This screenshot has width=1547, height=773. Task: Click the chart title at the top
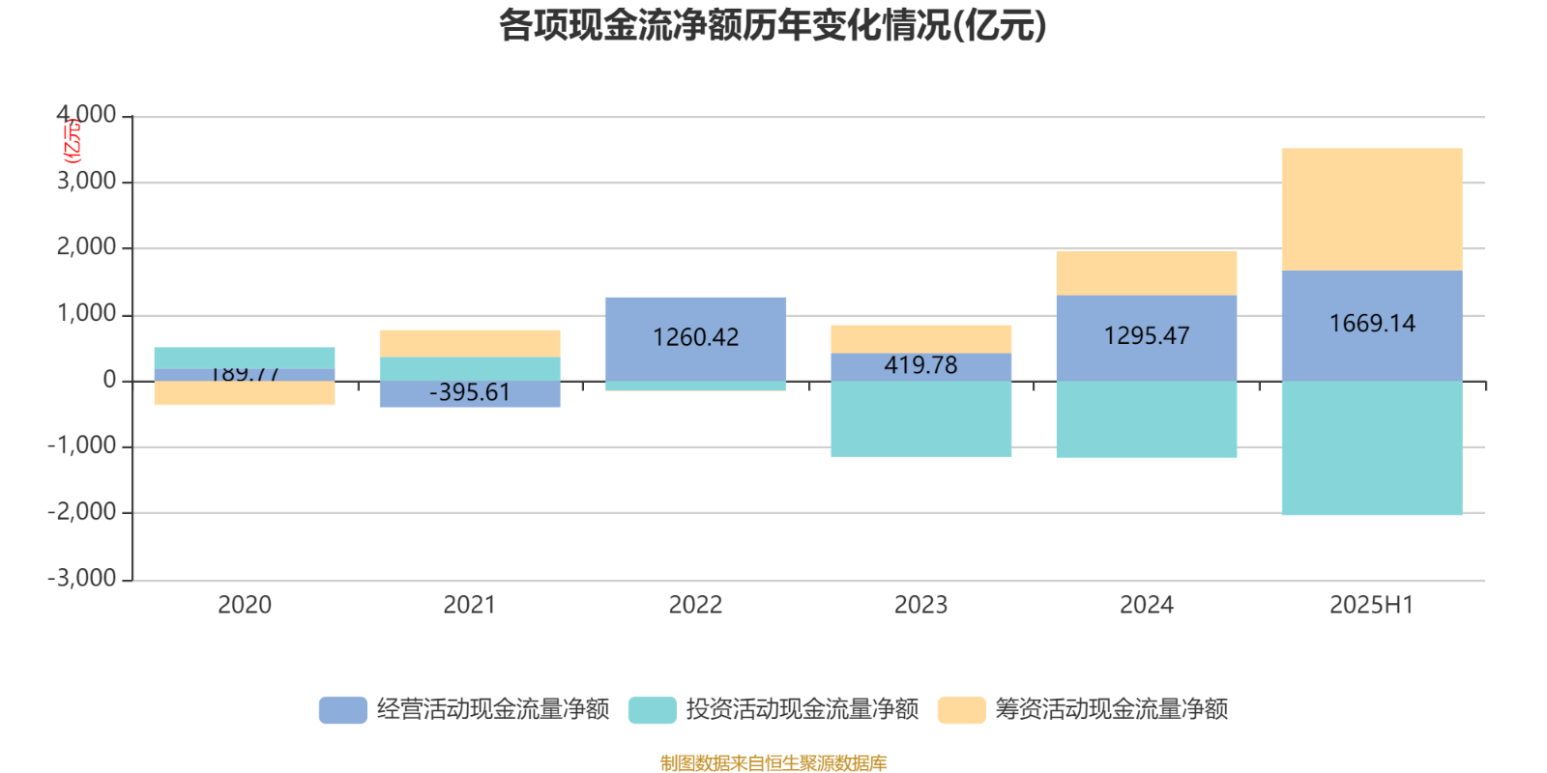click(773, 26)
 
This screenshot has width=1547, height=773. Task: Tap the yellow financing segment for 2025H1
click(1371, 209)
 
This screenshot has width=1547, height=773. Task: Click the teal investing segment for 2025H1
click(1371, 448)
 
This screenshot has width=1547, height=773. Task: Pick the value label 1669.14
click(1371, 324)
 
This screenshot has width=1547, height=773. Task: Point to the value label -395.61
click(470, 392)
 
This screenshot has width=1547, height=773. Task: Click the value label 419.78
click(920, 365)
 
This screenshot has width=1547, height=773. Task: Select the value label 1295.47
click(1147, 336)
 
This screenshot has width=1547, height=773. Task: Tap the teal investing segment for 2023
click(920, 418)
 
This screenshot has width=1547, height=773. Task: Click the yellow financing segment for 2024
click(1147, 272)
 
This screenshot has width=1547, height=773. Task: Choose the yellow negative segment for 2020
click(245, 393)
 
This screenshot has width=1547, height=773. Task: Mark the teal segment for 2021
click(470, 368)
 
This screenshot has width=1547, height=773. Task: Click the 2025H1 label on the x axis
click(1371, 605)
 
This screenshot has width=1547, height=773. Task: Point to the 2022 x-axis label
click(695, 605)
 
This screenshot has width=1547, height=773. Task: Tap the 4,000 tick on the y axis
click(86, 116)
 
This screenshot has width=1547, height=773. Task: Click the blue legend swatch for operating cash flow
click(342, 709)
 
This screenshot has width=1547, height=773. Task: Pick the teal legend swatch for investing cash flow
click(652, 709)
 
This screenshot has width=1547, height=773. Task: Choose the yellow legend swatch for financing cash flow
click(961, 709)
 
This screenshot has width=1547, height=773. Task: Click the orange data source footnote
click(773, 763)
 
